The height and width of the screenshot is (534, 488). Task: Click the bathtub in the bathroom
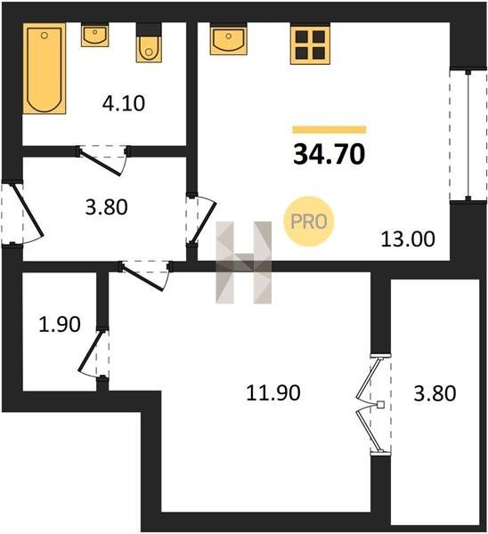(x=45, y=69)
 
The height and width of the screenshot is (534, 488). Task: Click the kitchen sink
(x=228, y=40)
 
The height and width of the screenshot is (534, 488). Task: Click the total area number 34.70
(x=329, y=154)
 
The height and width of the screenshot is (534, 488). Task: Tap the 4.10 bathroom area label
(x=124, y=103)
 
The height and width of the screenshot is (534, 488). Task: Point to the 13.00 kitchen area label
(x=408, y=239)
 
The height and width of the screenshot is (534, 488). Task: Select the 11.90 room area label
(x=273, y=392)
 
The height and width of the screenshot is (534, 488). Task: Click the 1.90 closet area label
(x=60, y=324)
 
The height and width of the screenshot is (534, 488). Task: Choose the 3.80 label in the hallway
(x=106, y=207)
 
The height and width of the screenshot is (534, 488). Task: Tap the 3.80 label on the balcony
(x=435, y=393)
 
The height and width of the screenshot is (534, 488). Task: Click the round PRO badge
(x=309, y=222)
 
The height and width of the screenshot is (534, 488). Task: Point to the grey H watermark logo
(x=244, y=263)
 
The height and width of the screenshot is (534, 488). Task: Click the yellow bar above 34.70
(x=329, y=130)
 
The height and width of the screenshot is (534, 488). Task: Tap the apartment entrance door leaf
(x=28, y=210)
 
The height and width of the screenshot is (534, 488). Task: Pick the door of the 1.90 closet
(x=91, y=351)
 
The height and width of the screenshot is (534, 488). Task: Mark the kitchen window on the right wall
(x=468, y=135)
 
